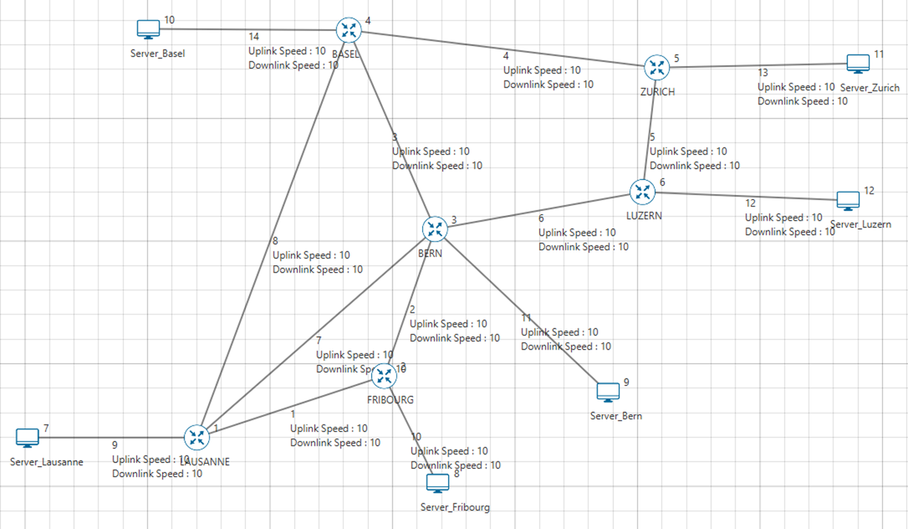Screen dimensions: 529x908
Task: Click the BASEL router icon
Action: pos(347,30)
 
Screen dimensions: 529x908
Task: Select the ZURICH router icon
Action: pos(656,67)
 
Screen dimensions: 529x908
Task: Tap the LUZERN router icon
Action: pos(641,192)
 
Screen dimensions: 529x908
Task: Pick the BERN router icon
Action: pos(435,229)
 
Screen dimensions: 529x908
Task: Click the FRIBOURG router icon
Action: pos(384,376)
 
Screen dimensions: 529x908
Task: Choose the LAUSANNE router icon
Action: pos(196,437)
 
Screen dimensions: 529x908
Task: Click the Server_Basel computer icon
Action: pos(149,30)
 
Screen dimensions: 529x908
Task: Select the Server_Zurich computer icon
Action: pos(858,64)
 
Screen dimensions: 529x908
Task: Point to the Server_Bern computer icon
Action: pos(608,393)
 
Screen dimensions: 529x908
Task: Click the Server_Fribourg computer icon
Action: pos(438,484)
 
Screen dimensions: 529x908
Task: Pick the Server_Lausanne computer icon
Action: pos(27,438)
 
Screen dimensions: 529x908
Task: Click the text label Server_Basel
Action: pos(158,53)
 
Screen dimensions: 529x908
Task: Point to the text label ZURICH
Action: pos(658,92)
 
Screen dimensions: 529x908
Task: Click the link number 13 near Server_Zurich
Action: pos(763,73)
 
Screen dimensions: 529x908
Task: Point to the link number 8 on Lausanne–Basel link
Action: pos(276,241)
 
